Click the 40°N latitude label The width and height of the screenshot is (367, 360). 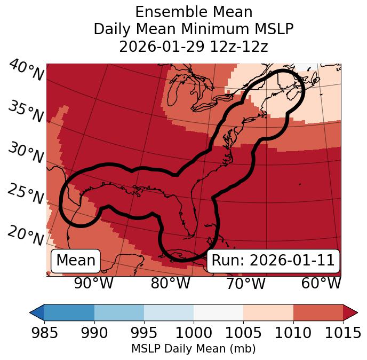(x=26, y=71)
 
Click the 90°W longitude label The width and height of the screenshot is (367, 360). (x=94, y=283)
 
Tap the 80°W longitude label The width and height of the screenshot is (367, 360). (x=170, y=283)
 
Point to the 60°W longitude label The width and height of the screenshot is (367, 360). (x=321, y=283)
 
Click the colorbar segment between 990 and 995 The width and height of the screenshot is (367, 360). (x=119, y=312)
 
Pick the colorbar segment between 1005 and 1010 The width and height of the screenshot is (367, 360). (x=268, y=312)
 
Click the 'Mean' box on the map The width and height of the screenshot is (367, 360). (x=76, y=261)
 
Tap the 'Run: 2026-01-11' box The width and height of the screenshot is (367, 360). (x=273, y=261)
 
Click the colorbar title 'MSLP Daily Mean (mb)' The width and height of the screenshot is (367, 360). (x=194, y=349)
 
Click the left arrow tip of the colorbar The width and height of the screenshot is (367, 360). (x=31, y=312)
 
